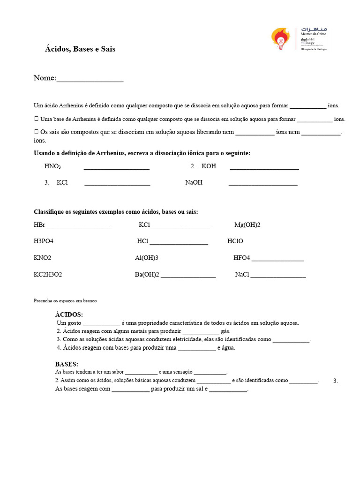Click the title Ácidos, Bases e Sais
(80, 49)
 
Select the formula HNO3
(52, 166)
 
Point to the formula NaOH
(194, 182)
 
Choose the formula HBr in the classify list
(39, 225)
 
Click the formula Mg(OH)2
(247, 225)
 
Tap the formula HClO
(235, 241)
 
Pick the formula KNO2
(42, 258)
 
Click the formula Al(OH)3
(146, 258)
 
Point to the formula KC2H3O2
(48, 274)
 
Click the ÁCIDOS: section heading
(69, 315)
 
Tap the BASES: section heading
(67, 364)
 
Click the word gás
(225, 331)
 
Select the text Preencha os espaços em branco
(65, 300)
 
